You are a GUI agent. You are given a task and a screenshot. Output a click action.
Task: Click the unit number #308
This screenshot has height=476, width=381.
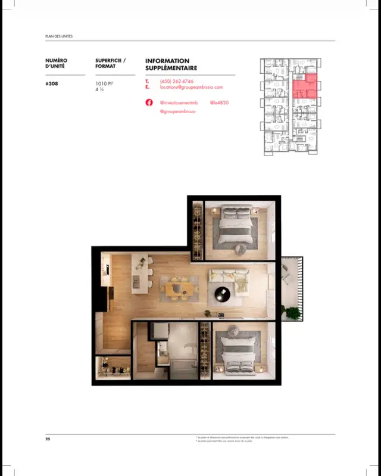[52, 84]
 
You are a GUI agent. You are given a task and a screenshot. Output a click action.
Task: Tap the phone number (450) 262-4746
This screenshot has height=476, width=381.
[176, 81]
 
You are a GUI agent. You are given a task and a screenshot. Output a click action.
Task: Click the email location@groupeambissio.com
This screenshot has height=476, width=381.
[191, 88]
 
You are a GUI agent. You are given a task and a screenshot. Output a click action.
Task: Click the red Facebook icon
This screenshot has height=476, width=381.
[149, 102]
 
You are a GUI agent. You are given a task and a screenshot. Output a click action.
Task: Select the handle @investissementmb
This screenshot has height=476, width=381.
[179, 102]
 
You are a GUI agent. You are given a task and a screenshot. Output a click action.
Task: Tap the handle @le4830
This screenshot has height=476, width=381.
[219, 102]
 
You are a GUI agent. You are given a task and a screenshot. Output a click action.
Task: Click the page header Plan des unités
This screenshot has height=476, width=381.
[59, 36]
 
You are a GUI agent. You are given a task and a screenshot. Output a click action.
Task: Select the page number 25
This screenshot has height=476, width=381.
[48, 439]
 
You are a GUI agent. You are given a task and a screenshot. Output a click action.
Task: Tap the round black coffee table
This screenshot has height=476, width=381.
[222, 293]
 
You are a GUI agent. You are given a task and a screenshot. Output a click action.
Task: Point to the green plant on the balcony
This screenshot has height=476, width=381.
[293, 312]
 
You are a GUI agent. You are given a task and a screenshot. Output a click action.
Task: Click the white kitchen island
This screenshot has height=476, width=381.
[139, 275]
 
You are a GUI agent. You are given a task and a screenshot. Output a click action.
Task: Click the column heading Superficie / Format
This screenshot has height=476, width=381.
[110, 63]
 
